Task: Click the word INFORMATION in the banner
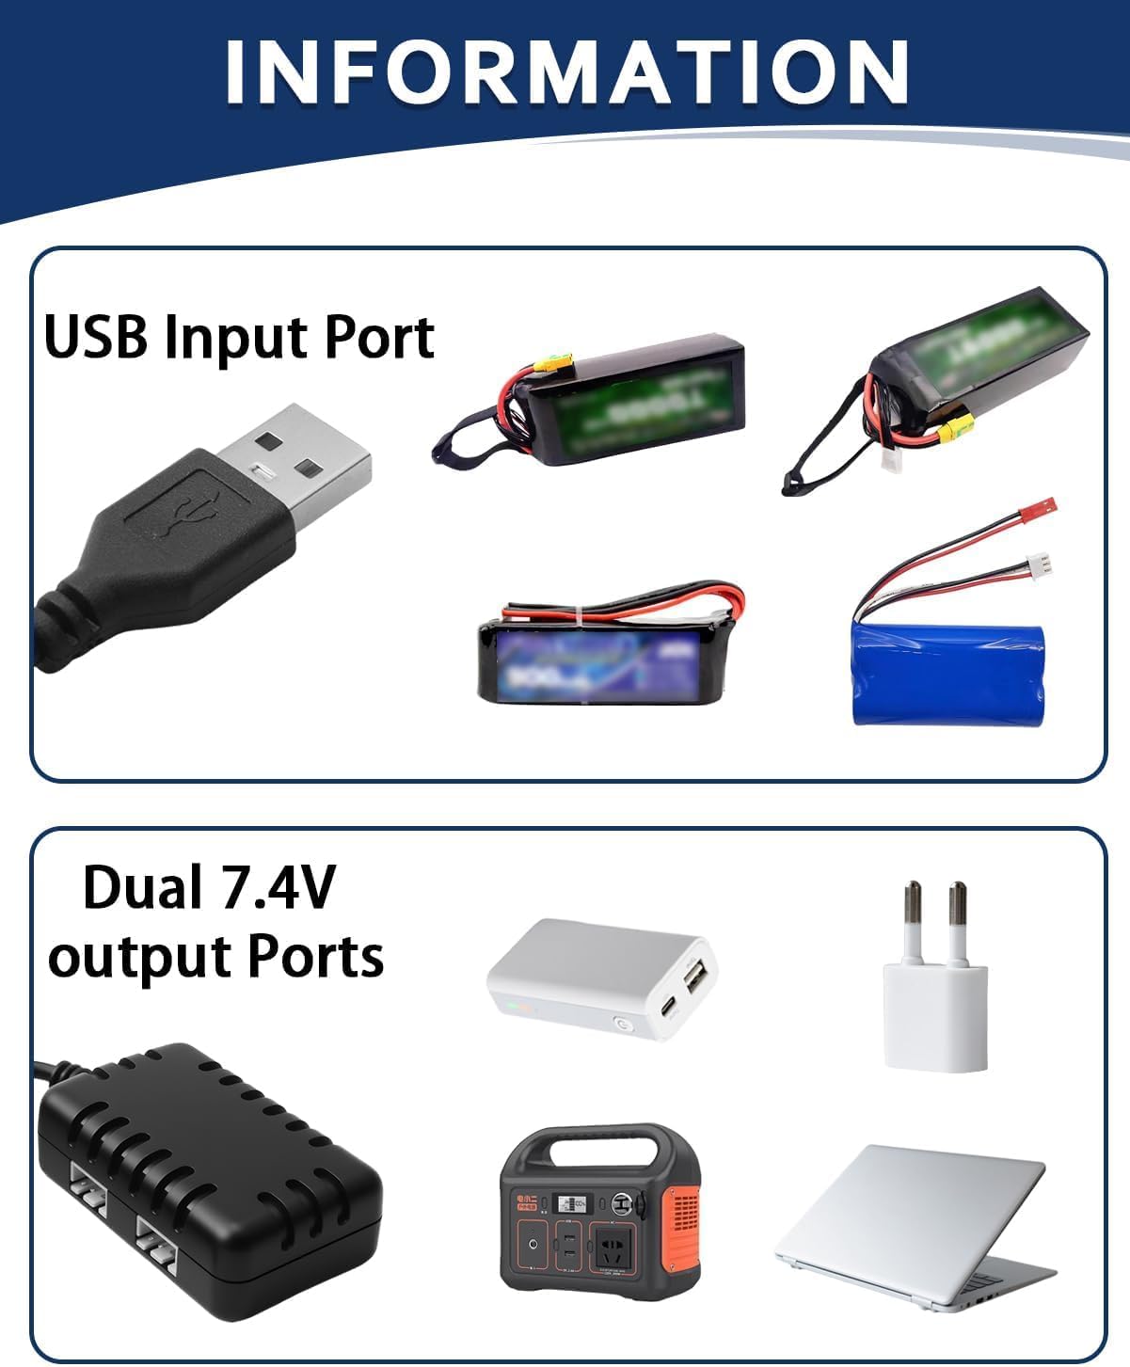point(565,72)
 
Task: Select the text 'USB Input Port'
point(239,338)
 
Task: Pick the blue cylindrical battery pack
point(948,672)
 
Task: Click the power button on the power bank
point(622,1025)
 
